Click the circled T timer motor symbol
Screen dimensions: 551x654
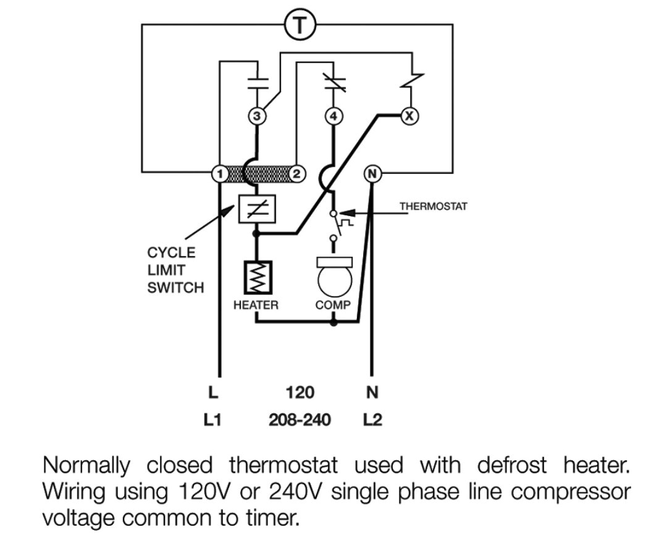tap(300, 24)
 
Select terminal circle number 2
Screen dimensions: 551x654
tap(296, 173)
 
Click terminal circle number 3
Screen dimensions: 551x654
tap(258, 115)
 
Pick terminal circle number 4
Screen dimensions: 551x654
tap(333, 115)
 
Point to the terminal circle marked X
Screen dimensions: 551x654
tap(409, 115)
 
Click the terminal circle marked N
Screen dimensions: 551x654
tap(372, 173)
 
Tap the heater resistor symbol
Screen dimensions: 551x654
tap(257, 277)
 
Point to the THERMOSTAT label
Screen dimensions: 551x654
tap(433, 207)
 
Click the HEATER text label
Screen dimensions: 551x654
tap(256, 305)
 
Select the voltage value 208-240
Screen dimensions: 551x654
tap(300, 420)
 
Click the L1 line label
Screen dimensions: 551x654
tap(212, 420)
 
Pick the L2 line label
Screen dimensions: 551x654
tap(372, 420)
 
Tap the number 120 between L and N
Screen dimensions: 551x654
tap(300, 392)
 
